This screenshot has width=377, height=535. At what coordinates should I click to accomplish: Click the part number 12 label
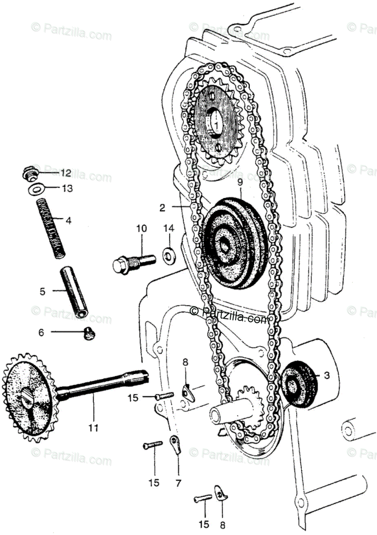[x=66, y=173]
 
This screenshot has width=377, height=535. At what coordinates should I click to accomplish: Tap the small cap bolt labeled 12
[x=29, y=173]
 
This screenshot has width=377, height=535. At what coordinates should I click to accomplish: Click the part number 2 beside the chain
[x=162, y=207]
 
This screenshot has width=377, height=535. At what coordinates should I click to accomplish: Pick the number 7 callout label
[x=178, y=483]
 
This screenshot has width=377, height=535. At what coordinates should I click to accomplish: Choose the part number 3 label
[x=327, y=375]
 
